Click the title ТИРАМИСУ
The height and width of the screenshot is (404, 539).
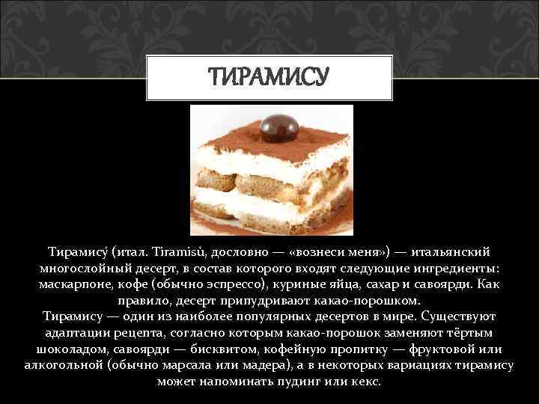pyautogui.click(x=269, y=76)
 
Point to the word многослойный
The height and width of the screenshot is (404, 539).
pyautogui.click(x=78, y=269)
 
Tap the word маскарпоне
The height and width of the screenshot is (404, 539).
pyautogui.click(x=74, y=285)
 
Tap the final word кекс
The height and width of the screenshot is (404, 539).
pyautogui.click(x=368, y=381)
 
